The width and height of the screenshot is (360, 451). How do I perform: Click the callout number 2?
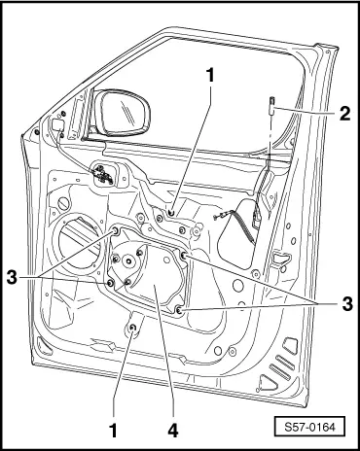coord(344,114)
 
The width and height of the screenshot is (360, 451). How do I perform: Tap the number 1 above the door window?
coord(211,75)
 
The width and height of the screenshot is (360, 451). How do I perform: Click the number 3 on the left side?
coord(12,277)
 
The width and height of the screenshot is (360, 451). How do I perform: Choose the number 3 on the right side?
coord(347,304)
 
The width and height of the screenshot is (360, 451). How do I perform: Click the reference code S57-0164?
coord(309,427)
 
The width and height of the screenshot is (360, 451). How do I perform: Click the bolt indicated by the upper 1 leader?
coord(171,213)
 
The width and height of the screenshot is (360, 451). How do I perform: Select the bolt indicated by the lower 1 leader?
coord(132,329)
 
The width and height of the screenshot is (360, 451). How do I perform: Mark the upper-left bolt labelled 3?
coord(115,231)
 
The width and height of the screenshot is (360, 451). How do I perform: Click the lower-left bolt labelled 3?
coord(110,284)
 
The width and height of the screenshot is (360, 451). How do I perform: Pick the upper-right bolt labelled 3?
coord(183,256)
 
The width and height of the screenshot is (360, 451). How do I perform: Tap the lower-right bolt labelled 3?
coord(179,311)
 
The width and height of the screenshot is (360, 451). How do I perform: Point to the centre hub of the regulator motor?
coord(129,261)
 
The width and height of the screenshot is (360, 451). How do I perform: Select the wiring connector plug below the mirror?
coord(103,173)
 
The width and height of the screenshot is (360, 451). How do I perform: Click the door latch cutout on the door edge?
coord(280,258)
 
